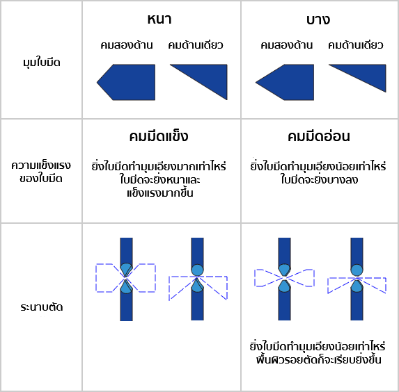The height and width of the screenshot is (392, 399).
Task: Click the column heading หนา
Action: pos(159,19)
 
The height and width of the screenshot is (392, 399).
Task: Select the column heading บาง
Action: pos(318,19)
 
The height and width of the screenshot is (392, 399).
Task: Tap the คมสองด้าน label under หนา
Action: pos(127,45)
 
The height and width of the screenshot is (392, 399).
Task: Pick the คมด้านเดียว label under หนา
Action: pos(196,45)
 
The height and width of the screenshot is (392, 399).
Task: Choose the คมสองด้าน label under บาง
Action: pos(286,45)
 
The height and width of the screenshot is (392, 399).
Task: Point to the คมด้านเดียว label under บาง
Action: pos(355,45)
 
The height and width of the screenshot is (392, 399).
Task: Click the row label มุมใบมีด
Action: pos(42,63)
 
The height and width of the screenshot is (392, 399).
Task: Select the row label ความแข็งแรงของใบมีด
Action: pos(41,172)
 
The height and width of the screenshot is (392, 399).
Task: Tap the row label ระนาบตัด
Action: pos(42,307)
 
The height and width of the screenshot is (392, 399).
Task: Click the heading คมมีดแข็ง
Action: pos(159,136)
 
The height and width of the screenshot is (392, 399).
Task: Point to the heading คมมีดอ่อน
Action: pos(319,136)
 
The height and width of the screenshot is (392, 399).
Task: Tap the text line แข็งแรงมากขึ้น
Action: pos(159,193)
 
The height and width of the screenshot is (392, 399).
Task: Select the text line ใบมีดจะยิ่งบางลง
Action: pos(320,179)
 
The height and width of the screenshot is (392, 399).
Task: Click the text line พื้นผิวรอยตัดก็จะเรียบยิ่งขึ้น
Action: pos(319,360)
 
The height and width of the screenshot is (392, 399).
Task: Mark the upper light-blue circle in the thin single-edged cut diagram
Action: pos(357,270)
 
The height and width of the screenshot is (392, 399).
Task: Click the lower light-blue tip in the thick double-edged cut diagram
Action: pos(126,287)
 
